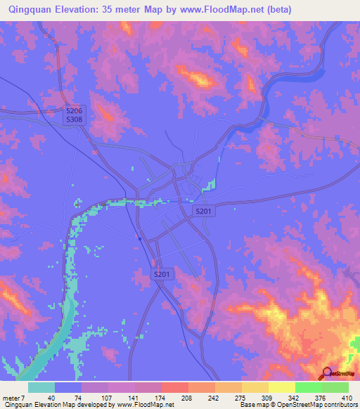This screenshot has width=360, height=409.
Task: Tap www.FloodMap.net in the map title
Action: [219, 10]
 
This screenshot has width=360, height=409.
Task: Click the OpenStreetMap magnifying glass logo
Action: [328, 375]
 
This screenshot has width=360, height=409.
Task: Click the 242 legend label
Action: [214, 398]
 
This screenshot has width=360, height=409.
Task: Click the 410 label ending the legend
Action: [347, 398]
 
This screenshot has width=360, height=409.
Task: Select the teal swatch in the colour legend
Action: [41, 387]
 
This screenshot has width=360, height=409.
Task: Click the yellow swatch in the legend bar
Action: [282, 387]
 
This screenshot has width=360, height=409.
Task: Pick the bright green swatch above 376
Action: [309, 387]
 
